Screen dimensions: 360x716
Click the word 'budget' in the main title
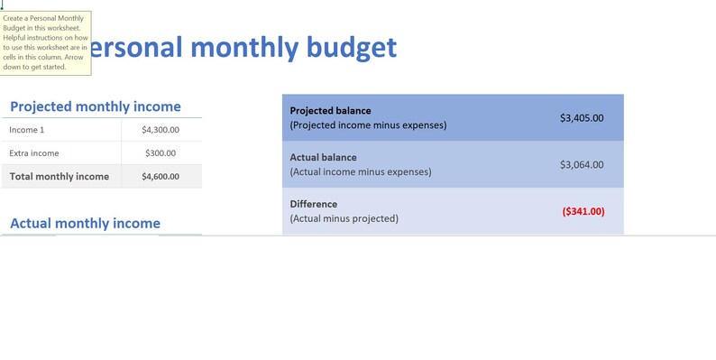coord(348,48)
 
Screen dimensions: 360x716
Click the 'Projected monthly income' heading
coord(95,106)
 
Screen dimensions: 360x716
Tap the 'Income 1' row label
coord(28,130)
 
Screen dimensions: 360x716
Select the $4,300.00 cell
coord(161,130)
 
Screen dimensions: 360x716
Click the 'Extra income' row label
coord(34,153)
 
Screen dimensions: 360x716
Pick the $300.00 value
coord(161,153)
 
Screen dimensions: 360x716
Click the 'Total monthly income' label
coord(59,177)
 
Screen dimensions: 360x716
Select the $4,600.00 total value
coord(161,177)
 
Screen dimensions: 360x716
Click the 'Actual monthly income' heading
coord(85,223)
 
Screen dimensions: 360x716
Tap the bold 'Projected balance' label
coord(330,110)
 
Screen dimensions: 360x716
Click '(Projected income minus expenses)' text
coord(368,125)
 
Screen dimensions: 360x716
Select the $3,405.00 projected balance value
coord(582,117)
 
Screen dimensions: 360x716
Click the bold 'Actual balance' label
coord(323,157)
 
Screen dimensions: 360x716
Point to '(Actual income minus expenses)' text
coord(360,171)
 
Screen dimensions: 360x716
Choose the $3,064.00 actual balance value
coord(582,164)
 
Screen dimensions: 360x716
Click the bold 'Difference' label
coord(314,204)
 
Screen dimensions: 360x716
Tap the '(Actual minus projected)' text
coord(344,218)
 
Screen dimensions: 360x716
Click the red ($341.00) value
coord(583,211)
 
